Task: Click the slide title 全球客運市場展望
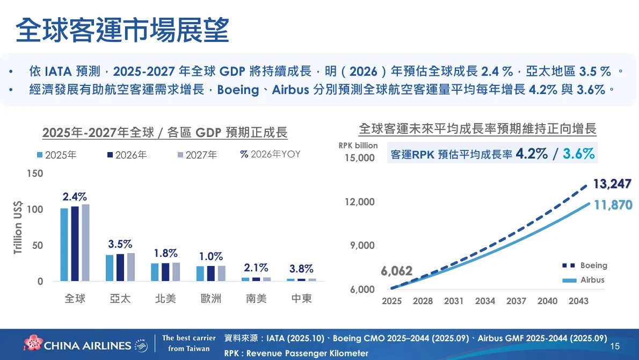coord(122,30)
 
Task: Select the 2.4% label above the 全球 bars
coord(75,197)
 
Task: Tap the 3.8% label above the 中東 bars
coord(301,269)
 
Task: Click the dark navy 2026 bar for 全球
coord(75,243)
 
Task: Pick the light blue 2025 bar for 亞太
coord(110,268)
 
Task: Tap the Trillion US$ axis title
coord(18,227)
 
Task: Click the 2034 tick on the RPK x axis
coord(485,301)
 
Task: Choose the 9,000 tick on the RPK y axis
coord(363,246)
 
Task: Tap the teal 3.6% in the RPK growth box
coord(578,154)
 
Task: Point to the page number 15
coord(615,346)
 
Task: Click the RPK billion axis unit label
coord(358,146)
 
